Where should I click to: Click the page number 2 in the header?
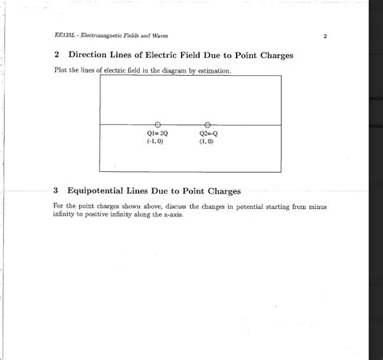(323, 36)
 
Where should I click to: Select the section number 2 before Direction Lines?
(56, 56)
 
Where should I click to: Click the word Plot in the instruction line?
(61, 71)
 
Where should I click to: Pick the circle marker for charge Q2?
(207, 123)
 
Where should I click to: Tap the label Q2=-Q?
(207, 132)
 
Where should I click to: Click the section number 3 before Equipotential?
(56, 191)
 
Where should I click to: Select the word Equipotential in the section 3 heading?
(105, 191)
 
